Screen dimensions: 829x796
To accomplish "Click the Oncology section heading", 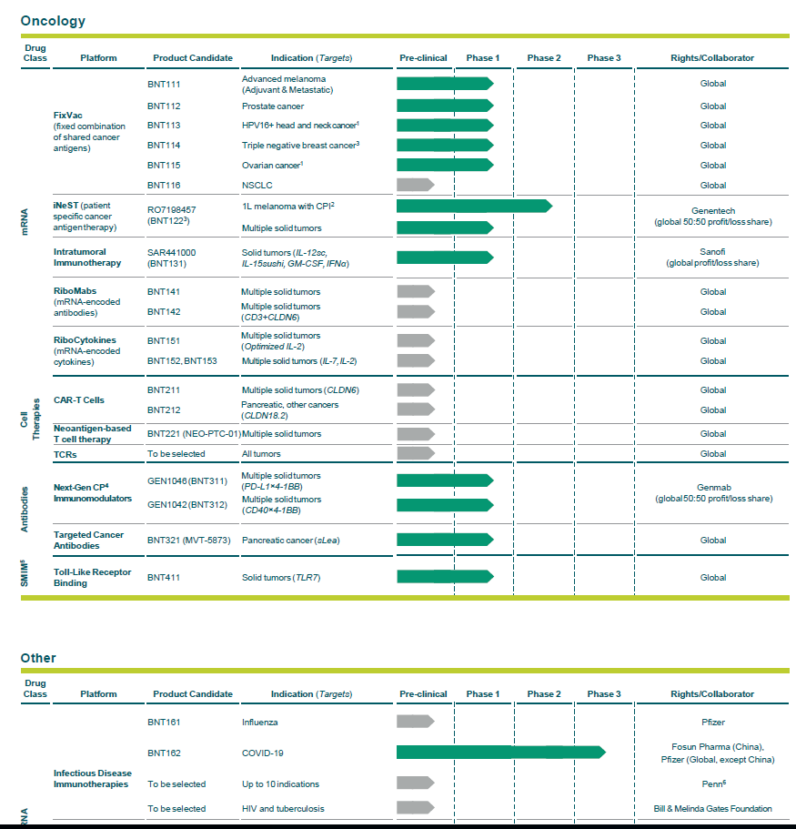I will click(x=53, y=20).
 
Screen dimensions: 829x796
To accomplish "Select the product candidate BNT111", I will click(x=164, y=84).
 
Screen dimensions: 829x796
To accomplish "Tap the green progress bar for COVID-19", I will click(x=500, y=752).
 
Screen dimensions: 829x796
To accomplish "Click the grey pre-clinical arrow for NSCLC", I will click(x=415, y=185).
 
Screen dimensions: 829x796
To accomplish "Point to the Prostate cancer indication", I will click(x=273, y=106).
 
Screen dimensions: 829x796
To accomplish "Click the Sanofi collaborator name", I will click(x=713, y=252).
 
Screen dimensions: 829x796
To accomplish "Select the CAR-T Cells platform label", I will click(x=79, y=400).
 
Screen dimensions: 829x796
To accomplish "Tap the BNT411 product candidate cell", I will click(x=164, y=578).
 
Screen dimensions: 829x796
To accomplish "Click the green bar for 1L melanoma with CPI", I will click(x=473, y=206).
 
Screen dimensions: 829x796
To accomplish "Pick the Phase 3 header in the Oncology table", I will click(x=604, y=58).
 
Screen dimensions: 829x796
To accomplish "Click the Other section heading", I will click(x=38, y=658).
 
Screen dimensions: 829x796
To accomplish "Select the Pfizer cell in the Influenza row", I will click(x=713, y=723).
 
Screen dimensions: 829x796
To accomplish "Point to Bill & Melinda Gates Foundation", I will click(x=713, y=809).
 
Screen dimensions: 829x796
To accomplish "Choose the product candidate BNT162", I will click(x=164, y=753).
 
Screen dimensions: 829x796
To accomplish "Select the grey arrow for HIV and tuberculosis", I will click(x=415, y=808).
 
